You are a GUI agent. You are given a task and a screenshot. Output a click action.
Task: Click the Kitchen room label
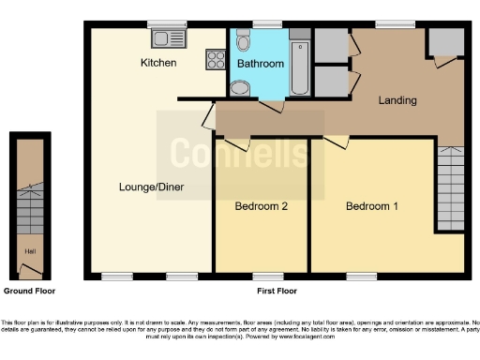click(158, 63)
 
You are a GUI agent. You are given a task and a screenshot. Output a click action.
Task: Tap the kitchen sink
click(171, 38)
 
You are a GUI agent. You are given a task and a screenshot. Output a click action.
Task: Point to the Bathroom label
click(260, 63)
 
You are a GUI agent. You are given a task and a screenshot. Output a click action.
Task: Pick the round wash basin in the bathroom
click(240, 88)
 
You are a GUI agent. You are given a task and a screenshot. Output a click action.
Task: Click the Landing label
click(397, 100)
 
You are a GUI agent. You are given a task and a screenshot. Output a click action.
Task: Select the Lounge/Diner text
click(151, 187)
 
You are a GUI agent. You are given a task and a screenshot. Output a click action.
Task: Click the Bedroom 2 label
click(261, 206)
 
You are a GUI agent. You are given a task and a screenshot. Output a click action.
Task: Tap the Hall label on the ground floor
click(30, 251)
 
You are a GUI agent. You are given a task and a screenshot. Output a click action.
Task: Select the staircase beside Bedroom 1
click(450, 187)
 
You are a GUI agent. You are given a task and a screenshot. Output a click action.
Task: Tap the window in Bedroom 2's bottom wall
click(265, 276)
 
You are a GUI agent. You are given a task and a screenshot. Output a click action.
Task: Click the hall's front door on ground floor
click(31, 272)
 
